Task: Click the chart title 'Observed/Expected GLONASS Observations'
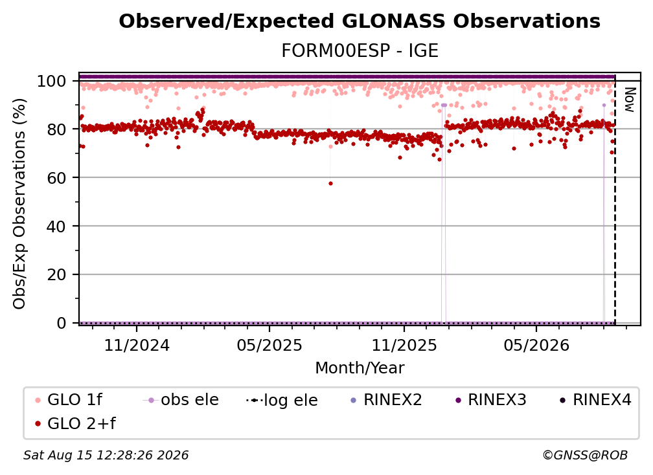point(360,21)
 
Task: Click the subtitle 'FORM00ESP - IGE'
point(360,50)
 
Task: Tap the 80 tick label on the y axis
point(56,129)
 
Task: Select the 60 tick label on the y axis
point(56,178)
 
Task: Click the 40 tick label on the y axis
point(56,226)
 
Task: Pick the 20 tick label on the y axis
point(56,275)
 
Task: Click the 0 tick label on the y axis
point(62,323)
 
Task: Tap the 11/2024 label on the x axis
point(137,345)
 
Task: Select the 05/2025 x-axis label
point(269,345)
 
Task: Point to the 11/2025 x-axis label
point(404,345)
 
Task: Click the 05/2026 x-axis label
point(536,345)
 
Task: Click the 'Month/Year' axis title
point(360,368)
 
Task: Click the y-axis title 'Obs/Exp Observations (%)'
point(19,204)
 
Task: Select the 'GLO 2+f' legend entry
point(75,423)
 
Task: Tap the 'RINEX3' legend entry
point(491,400)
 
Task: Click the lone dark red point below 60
point(330,183)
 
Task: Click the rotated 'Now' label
point(630,100)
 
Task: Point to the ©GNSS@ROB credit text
point(585,455)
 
